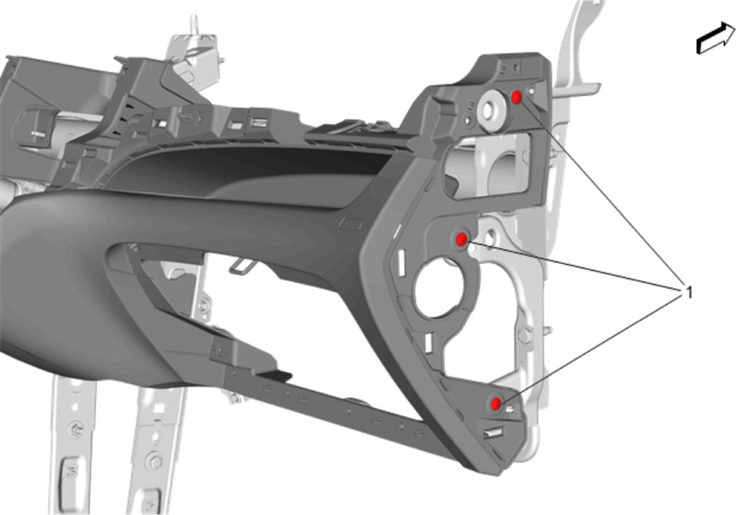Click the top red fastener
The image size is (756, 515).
[517, 98]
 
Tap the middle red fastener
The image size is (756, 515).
[461, 240]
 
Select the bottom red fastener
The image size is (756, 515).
[496, 403]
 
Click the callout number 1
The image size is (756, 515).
[689, 292]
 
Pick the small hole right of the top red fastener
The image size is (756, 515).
[532, 91]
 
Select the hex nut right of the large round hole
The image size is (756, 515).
[524, 335]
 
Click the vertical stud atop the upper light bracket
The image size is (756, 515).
[193, 24]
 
